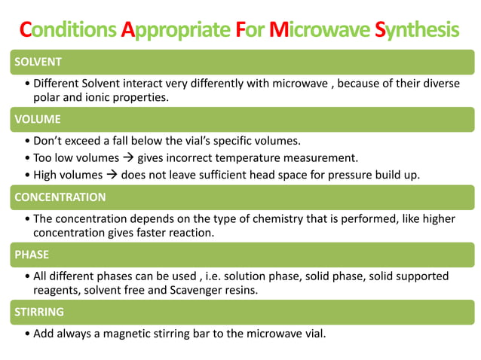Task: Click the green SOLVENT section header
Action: point(240,61)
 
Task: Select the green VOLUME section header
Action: point(240,119)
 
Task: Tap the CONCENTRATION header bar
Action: point(240,197)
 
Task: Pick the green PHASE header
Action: point(240,255)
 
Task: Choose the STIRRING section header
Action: point(240,311)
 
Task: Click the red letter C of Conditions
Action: point(26,30)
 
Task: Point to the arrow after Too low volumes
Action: point(130,158)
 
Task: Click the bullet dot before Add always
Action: point(28,332)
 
